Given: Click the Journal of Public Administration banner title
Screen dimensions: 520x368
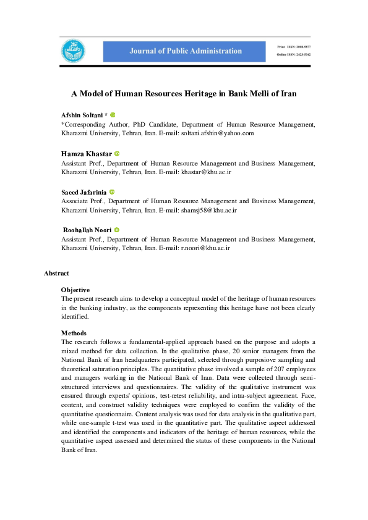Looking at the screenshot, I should [x=186, y=51].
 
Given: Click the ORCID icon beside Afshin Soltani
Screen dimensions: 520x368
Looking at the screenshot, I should [x=113, y=115].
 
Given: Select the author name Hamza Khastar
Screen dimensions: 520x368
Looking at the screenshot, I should [x=86, y=154].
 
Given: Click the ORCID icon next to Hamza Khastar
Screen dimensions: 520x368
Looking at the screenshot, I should [x=116, y=154].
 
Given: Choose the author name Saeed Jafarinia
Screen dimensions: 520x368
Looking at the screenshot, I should [x=84, y=192].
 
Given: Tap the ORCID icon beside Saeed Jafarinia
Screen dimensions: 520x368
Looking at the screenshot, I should [x=112, y=192].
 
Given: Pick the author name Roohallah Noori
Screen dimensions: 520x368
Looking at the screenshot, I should [x=87, y=230].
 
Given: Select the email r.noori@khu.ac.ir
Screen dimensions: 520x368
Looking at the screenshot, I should [x=205, y=248].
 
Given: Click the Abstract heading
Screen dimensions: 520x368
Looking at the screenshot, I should [x=56, y=273].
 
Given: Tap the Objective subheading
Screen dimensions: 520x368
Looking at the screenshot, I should [x=75, y=290].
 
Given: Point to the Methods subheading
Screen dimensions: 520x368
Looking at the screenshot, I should [x=74, y=333].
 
